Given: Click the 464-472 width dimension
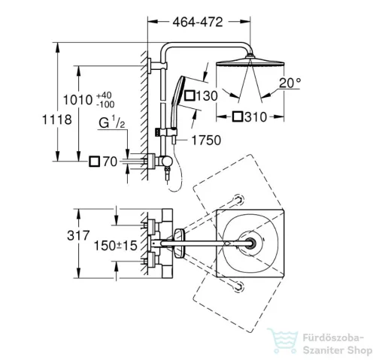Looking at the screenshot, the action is click(198, 22).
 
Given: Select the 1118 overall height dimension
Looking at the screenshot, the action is click(57, 119).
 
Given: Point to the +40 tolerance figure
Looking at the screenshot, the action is click(104, 95).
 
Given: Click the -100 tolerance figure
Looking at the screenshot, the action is click(105, 104).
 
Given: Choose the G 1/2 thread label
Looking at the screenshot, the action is click(111, 122).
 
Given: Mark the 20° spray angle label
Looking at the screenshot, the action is click(290, 83).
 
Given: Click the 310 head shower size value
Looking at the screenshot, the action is click(256, 117).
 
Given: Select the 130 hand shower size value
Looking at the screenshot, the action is click(207, 96).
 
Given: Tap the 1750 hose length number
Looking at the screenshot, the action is click(206, 141).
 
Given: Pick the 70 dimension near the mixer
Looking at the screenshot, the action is click(110, 162).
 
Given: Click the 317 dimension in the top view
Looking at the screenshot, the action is click(78, 235).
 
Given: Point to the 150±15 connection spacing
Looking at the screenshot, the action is click(116, 246).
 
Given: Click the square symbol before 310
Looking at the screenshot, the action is click(238, 117).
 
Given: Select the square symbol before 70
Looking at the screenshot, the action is click(95, 162).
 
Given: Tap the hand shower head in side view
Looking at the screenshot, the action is click(178, 101).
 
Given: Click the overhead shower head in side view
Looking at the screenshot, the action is click(250, 62).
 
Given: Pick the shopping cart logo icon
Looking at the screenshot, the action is click(283, 340).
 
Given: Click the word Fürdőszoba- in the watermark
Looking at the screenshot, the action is click(333, 337).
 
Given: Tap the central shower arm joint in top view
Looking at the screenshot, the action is click(249, 244).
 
